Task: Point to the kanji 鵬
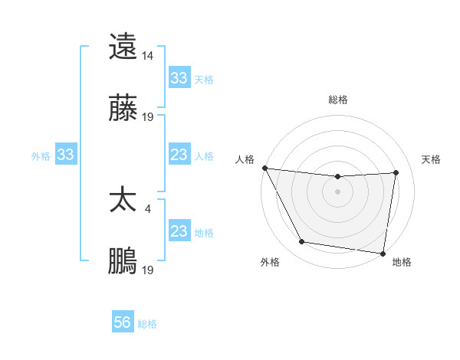pyautogui.click(x=123, y=261)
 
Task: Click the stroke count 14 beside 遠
pyautogui.click(x=147, y=55)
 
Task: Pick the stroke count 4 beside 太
pyautogui.click(x=147, y=208)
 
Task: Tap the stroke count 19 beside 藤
pyautogui.click(x=148, y=117)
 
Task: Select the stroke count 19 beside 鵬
pyautogui.click(x=148, y=270)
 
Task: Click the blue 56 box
pyautogui.click(x=123, y=323)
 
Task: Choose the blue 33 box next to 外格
pyautogui.click(x=66, y=155)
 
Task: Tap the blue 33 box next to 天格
pyautogui.click(x=179, y=78)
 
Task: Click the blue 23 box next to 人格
pyautogui.click(x=179, y=155)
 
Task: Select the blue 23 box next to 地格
pyautogui.click(x=179, y=231)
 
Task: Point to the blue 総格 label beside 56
pyautogui.click(x=147, y=324)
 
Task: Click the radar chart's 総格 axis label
pyautogui.click(x=338, y=100)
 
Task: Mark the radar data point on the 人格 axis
pyautogui.click(x=264, y=168)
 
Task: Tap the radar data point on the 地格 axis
pyautogui.click(x=383, y=253)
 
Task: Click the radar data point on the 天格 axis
pyautogui.click(x=396, y=172)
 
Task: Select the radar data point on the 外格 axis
pyautogui.click(x=302, y=242)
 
